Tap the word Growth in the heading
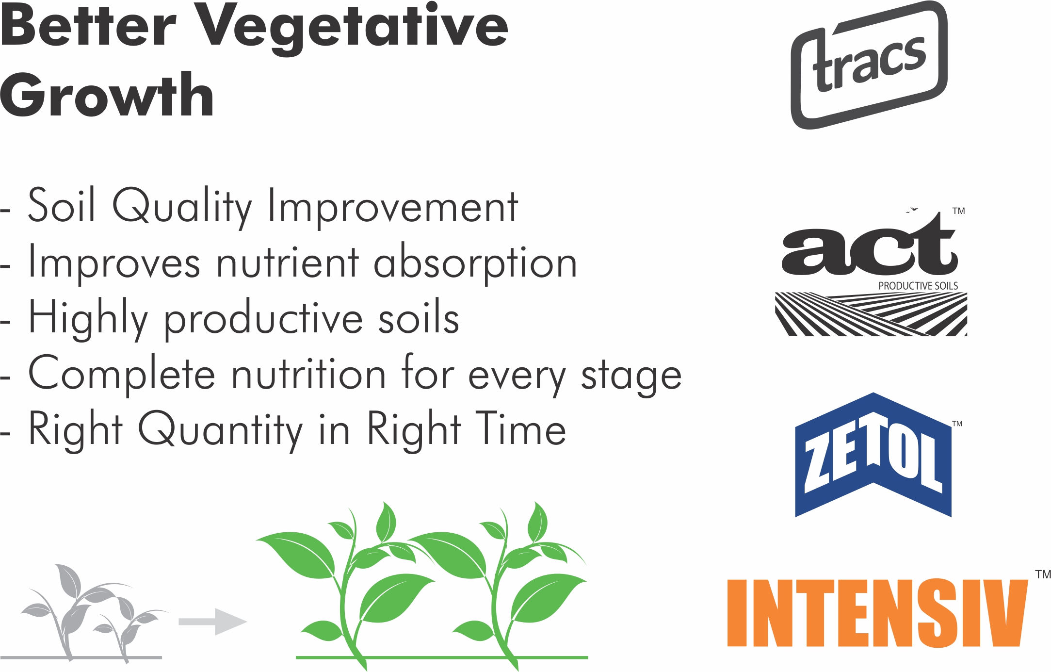click(107, 95)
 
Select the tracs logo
click(869, 65)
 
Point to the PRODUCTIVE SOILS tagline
click(918, 286)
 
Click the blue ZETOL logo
click(873, 455)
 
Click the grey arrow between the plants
click(213, 622)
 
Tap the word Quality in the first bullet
click(182, 207)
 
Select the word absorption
click(475, 263)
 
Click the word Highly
click(88, 319)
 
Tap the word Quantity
click(221, 430)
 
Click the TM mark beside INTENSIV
click(1043, 574)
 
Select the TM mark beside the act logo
click(958, 211)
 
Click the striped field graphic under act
click(871, 314)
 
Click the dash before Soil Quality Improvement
click(5, 211)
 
